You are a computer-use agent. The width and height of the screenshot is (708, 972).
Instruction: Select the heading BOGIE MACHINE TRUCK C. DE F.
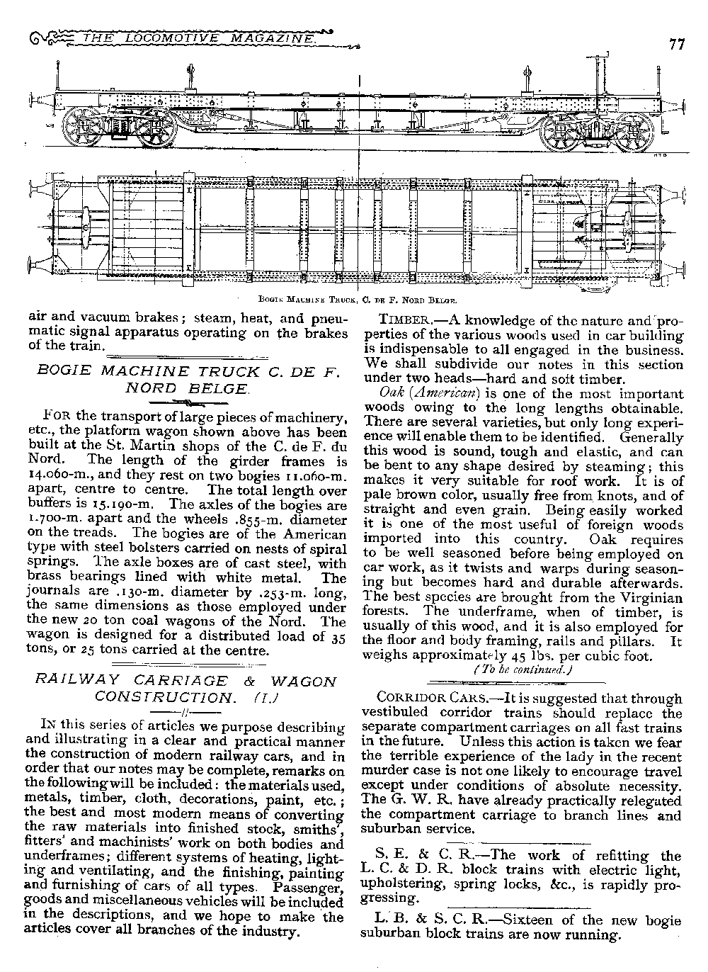[x=183, y=371]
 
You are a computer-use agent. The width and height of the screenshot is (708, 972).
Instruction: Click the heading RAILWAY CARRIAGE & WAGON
[x=186, y=682]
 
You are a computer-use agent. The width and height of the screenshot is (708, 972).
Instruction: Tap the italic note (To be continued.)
[x=523, y=669]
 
